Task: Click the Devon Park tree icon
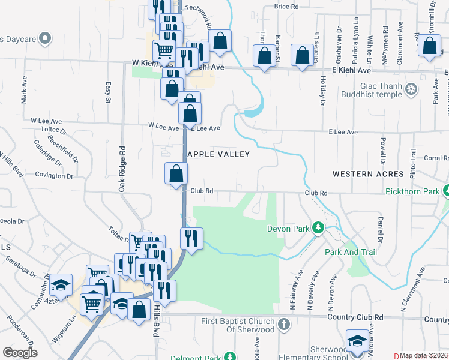pos(319,229)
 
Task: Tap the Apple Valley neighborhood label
pos(218,154)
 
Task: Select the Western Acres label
pos(368,174)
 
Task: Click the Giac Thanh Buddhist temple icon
pos(411,90)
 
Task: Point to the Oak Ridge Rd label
pos(122,170)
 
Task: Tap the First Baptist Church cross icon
pos(284,325)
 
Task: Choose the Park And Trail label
pos(351,253)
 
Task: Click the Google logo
pos(19,353)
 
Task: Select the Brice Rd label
pos(286,7)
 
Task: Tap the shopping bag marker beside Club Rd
pos(176,174)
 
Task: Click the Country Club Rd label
pos(355,317)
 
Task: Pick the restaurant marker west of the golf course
pos(192,239)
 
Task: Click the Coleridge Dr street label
pos(47,153)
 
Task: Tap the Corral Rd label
pos(436,158)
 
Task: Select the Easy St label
pos(109,92)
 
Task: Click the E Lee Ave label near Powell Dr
pos(343,132)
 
